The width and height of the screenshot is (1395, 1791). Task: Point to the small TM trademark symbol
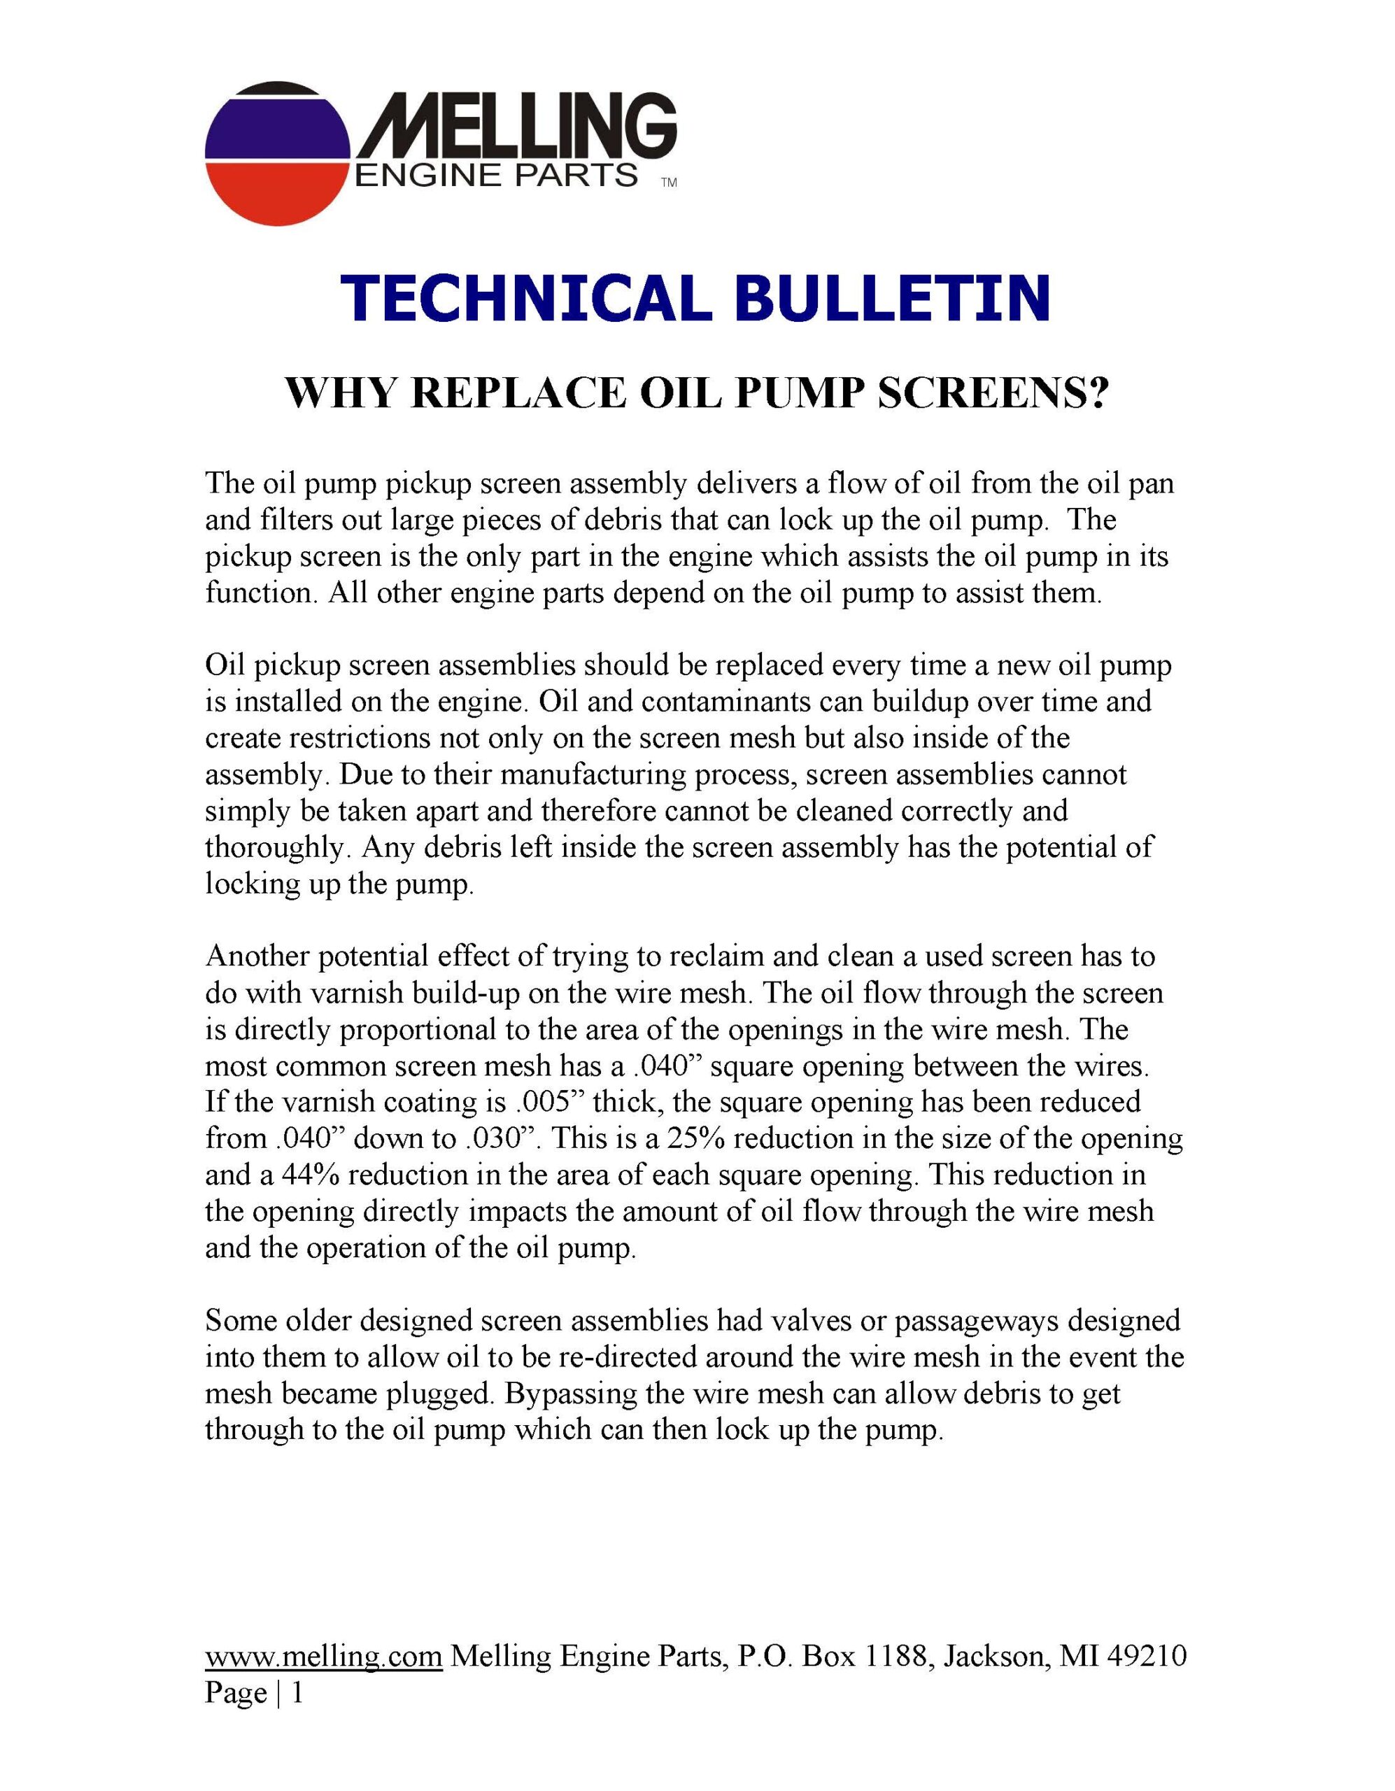(668, 185)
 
